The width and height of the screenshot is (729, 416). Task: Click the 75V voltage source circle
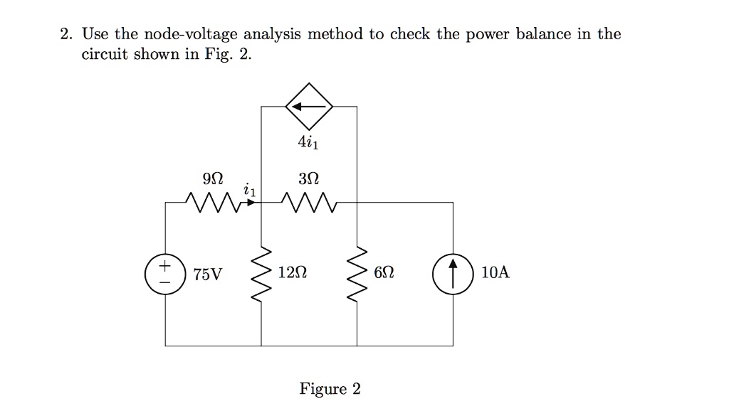[145, 274]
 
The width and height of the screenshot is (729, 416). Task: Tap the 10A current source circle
[434, 274]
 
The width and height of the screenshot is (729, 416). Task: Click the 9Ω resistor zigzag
[214, 203]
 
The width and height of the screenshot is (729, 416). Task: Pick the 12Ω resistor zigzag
[261, 274]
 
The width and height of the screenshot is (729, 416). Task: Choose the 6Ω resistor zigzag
[357, 274]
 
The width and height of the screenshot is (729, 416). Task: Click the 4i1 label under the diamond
[308, 142]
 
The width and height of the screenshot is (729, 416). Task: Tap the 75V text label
[208, 274]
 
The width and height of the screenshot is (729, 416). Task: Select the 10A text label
[495, 272]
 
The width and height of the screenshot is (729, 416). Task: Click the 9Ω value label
[213, 178]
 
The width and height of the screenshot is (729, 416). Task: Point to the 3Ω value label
[309, 178]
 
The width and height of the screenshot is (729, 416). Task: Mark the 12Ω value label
[293, 272]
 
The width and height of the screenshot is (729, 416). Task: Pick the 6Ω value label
[384, 272]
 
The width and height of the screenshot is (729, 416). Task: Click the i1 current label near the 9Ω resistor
[249, 189]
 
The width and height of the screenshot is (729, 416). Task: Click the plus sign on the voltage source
[164, 266]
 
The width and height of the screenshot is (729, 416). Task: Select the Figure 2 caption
[330, 388]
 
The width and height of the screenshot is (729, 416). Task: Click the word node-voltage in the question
[190, 34]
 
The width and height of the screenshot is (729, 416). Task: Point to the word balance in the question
[543, 34]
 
